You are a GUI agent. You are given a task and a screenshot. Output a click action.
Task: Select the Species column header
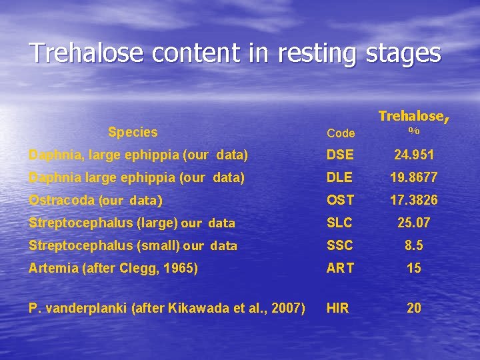(x=133, y=132)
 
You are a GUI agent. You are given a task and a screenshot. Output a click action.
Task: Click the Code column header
(x=341, y=133)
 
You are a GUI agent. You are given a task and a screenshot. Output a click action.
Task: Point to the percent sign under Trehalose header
(x=414, y=131)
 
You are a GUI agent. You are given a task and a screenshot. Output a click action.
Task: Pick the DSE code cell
(x=341, y=155)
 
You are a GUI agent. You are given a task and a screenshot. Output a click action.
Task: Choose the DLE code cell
(x=340, y=178)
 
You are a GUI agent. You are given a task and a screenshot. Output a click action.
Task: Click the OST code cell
(x=340, y=200)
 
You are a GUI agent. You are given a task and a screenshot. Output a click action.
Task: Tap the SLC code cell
(x=340, y=223)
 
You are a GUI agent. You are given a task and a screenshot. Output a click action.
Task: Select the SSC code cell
(x=340, y=245)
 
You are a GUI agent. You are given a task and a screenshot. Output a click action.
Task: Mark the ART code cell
(x=340, y=268)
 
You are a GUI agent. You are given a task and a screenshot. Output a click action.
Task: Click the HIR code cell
(x=337, y=308)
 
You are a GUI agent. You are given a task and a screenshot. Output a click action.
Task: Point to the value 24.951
(x=414, y=155)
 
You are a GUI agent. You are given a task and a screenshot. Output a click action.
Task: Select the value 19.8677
(x=414, y=178)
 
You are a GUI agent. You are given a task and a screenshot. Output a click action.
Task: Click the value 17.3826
(x=414, y=200)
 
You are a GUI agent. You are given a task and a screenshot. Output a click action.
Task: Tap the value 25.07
(x=414, y=223)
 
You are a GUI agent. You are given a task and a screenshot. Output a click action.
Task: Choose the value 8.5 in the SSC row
(x=414, y=245)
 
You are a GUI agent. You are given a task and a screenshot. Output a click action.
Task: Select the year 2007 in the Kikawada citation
(x=289, y=308)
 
